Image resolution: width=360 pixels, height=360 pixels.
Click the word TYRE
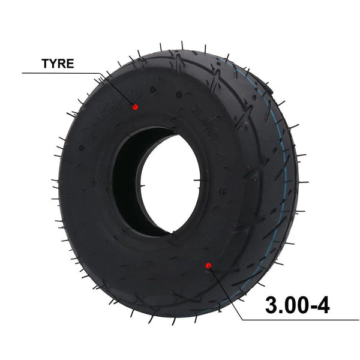point(58,64)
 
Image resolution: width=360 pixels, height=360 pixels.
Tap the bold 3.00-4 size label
point(297,306)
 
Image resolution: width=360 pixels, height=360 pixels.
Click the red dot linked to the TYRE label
point(135,107)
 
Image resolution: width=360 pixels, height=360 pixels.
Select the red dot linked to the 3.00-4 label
point(208,265)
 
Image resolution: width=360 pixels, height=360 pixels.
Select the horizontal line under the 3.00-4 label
point(300,320)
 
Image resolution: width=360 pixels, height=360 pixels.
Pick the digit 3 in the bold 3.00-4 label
point(271,306)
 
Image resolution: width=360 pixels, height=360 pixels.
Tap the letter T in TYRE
point(46,64)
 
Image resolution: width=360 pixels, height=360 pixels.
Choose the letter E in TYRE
point(70,64)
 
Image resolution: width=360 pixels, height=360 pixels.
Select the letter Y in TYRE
point(53,64)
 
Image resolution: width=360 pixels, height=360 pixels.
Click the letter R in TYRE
point(62,64)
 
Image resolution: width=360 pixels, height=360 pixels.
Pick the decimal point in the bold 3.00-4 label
point(280,313)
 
